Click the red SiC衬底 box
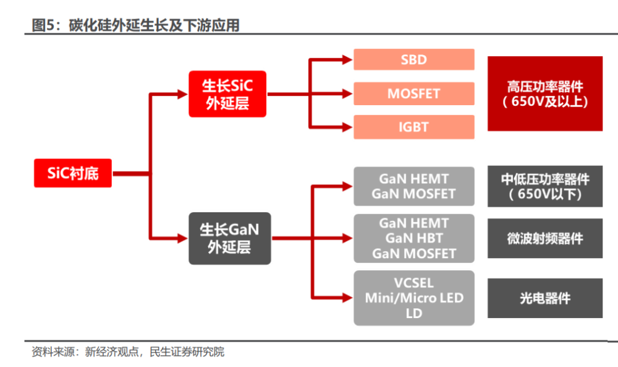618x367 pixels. [x=73, y=173]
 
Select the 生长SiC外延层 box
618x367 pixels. [x=227, y=94]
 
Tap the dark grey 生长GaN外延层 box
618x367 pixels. [x=230, y=238]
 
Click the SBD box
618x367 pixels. [x=414, y=59]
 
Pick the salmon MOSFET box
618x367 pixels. [x=414, y=93]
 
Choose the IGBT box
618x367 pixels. [x=414, y=127]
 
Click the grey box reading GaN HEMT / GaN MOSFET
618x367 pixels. [x=414, y=186]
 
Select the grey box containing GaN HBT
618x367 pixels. [x=414, y=238]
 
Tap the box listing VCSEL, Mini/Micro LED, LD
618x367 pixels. [x=414, y=298]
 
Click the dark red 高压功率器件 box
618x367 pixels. [x=545, y=93]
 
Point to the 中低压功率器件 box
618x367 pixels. [x=545, y=186]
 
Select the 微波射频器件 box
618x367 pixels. [x=545, y=238]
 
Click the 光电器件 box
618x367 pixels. [x=545, y=298]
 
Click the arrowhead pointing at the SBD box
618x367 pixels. [x=347, y=59]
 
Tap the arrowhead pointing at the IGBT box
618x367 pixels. [x=347, y=127]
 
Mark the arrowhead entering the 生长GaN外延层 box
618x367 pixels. [x=182, y=238]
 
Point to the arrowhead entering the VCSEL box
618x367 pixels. [x=347, y=298]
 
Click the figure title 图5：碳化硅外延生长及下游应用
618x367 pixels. [x=135, y=25]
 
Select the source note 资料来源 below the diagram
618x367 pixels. [x=128, y=352]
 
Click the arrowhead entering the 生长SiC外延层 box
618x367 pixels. [x=182, y=94]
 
